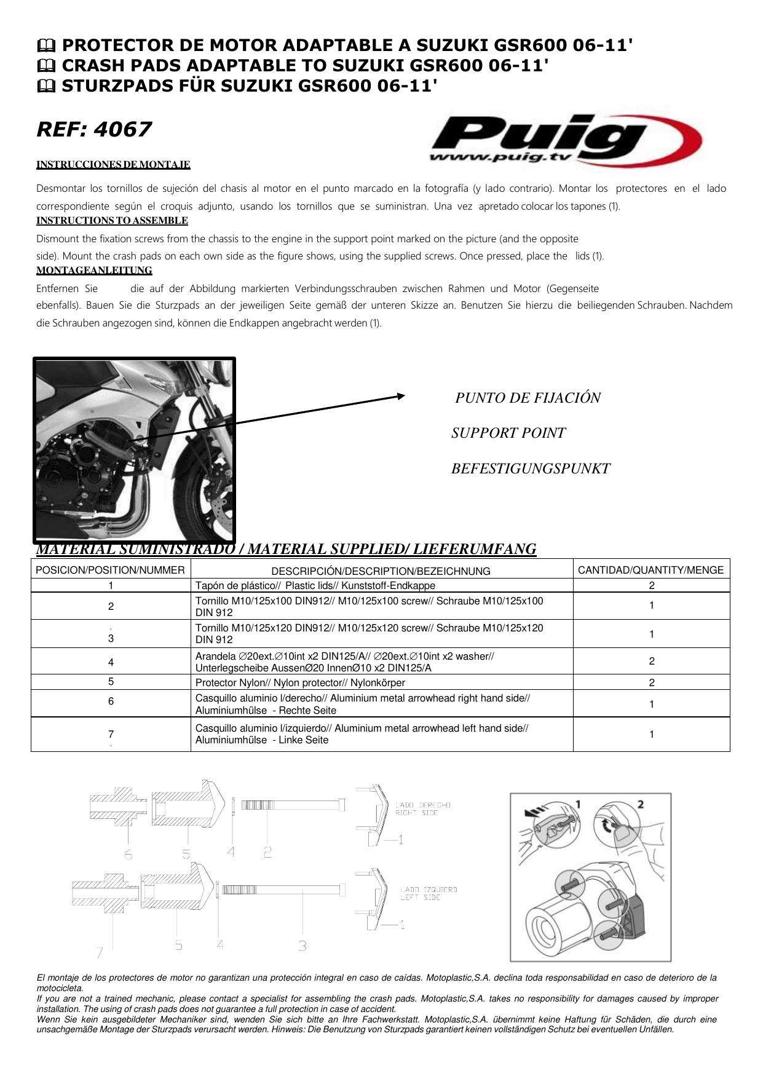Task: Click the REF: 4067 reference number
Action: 93,130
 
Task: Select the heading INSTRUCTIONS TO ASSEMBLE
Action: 112,221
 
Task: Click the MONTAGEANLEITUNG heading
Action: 94,271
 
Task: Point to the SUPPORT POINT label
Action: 508,433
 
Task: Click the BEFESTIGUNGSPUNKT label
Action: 530,469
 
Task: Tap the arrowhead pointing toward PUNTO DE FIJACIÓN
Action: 401,397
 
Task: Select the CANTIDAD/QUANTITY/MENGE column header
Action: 650,570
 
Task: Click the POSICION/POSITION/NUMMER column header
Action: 111,570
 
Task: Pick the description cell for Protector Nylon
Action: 300,682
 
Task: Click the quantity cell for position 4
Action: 651,662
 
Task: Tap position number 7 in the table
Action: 111,734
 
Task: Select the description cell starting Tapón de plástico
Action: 315,586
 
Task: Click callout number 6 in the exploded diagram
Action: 128,854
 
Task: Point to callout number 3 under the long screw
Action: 302,946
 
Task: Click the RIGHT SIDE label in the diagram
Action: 415,813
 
